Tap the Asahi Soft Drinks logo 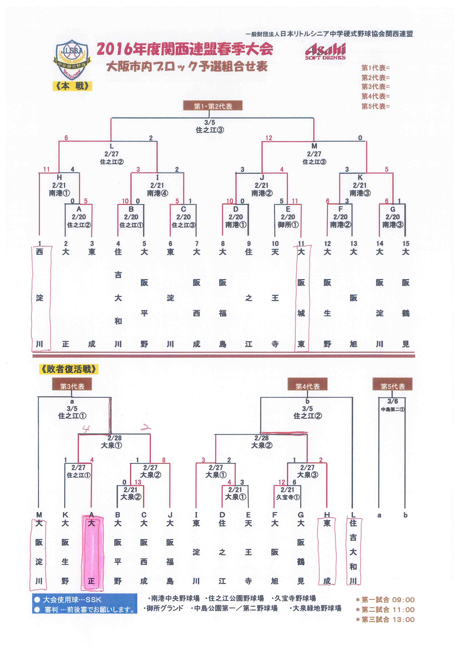point(325,51)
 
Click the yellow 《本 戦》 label point(72,86)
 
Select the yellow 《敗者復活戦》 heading point(69,369)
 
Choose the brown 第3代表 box point(72,386)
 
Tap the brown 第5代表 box point(393,386)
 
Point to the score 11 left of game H point(46,170)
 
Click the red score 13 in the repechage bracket point(138,482)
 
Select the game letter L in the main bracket point(111,146)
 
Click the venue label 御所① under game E point(288,225)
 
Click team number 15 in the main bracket point(406,244)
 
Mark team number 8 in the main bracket point(223,244)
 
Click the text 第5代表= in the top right point(375,106)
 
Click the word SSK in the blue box point(93,600)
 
